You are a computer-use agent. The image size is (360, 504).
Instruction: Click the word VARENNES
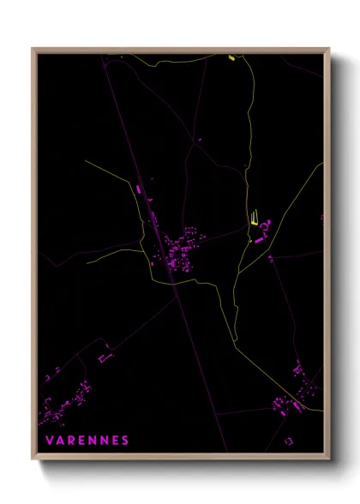88,441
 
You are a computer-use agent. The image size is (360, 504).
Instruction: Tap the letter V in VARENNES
50,441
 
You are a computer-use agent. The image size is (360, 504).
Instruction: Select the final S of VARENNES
125,441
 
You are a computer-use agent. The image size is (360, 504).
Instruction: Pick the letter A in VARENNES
61,441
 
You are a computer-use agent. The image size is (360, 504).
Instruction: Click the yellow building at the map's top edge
231,58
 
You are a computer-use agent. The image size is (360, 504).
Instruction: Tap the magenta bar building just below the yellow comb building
259,241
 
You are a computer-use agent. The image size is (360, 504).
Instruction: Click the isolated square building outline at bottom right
289,440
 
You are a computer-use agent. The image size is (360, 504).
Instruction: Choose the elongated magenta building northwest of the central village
137,188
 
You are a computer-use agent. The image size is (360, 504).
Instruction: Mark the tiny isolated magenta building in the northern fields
200,140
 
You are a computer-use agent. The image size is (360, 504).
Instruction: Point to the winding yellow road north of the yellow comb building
249,129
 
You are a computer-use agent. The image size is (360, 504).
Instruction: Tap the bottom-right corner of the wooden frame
328,460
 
